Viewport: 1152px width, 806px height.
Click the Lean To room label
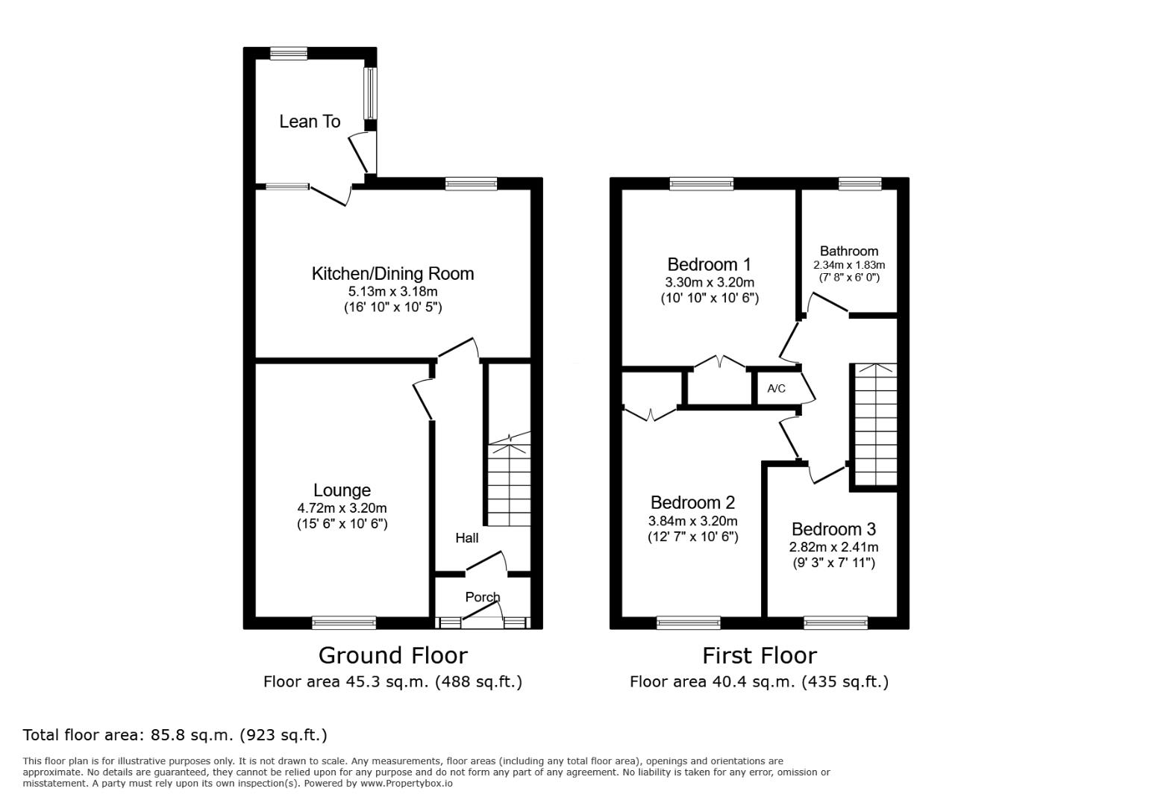tap(310, 122)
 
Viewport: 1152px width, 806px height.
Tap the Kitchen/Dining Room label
tap(393, 274)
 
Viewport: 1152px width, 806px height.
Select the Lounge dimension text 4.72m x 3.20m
tap(342, 508)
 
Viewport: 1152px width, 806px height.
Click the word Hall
tap(467, 538)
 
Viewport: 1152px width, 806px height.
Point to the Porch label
tap(483, 597)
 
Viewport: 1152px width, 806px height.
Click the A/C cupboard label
tap(777, 388)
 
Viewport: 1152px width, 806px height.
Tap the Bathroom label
tap(849, 251)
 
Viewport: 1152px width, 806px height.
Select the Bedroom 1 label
tap(710, 264)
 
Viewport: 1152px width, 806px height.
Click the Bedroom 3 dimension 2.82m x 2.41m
tap(833, 547)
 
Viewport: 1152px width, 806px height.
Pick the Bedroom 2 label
tap(692, 502)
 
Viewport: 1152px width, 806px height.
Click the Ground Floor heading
tap(393, 656)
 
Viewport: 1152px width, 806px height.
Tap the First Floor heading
tap(760, 656)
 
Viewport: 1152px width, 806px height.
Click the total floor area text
tap(175, 735)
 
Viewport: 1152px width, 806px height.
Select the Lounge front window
tap(344, 623)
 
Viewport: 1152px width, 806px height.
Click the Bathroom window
tap(860, 184)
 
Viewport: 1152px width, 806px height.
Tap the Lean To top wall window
tap(289, 54)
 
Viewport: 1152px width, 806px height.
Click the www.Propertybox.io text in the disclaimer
tap(407, 784)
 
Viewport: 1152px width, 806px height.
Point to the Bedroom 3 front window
tap(836, 623)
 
